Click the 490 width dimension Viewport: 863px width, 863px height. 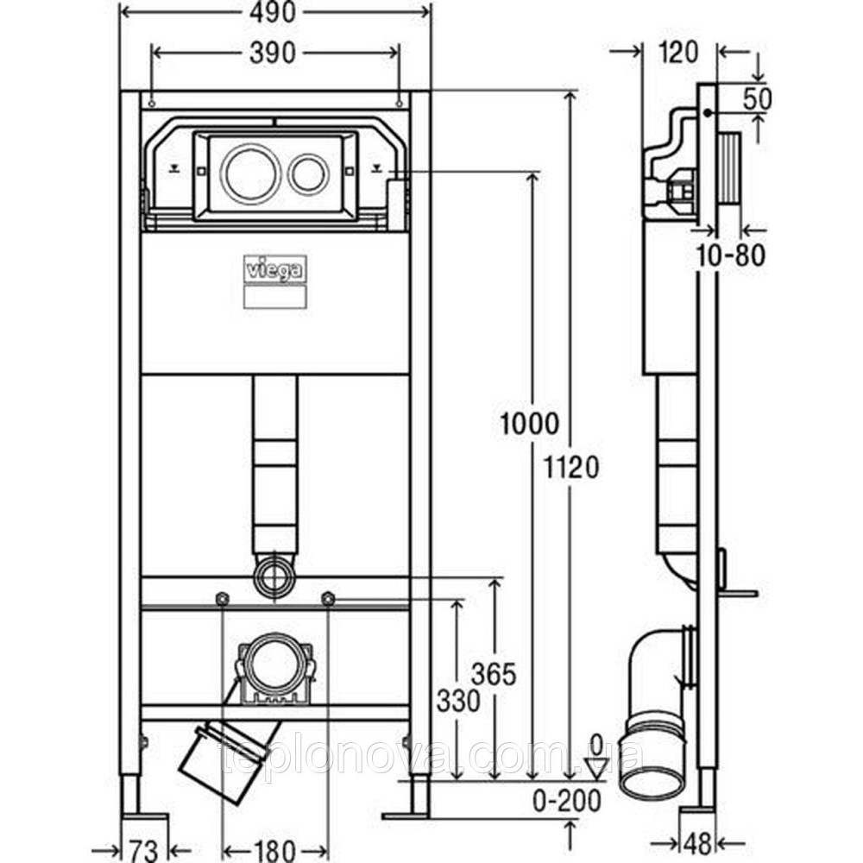(x=274, y=12)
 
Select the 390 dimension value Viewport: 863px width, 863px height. (x=274, y=53)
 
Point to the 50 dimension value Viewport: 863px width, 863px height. (x=756, y=98)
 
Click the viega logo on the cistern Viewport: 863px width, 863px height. (x=274, y=271)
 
